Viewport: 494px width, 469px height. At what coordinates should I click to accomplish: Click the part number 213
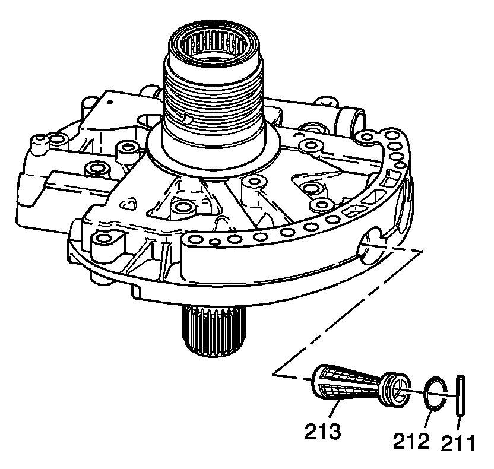pos(324,429)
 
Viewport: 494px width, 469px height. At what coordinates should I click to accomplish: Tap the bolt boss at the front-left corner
pos(105,239)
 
